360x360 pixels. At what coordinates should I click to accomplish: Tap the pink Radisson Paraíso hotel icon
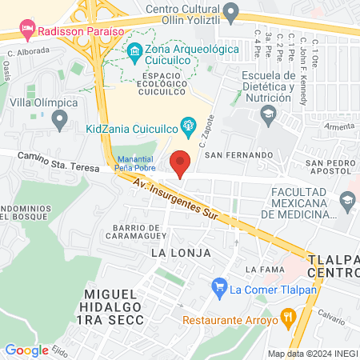[28, 31]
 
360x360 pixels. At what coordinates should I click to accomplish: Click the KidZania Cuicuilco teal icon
[189, 124]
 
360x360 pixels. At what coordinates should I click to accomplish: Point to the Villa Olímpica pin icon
[58, 121]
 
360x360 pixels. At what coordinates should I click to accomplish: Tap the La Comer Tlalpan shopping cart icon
[218, 286]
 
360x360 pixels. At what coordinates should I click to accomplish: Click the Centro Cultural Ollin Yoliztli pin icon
[231, 12]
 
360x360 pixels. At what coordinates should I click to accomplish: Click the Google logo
[26, 350]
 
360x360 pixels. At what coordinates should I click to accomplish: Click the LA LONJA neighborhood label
[181, 253]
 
